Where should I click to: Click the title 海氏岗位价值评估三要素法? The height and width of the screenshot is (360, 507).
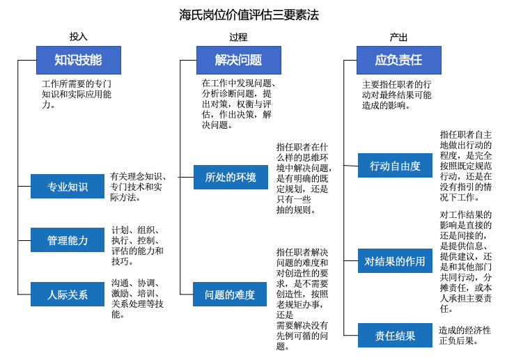[249, 15]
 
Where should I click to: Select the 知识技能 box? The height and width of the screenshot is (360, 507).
[79, 61]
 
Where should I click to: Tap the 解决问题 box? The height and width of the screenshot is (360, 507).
[238, 61]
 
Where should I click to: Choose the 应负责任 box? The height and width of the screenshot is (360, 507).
[398, 61]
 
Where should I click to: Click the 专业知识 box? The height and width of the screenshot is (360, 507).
[68, 187]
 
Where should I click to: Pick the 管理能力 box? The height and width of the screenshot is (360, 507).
[68, 240]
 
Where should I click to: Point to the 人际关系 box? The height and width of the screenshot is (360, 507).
[68, 295]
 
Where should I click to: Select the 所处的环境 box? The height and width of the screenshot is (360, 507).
[231, 178]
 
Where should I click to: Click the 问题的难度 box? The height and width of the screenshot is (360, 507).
[231, 295]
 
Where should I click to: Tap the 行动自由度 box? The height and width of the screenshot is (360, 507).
[396, 166]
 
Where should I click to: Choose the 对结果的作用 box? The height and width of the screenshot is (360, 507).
[396, 262]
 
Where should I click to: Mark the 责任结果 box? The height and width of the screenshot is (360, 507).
[396, 336]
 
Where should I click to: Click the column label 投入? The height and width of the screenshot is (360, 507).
[79, 37]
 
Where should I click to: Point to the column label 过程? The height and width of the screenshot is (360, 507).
[238, 37]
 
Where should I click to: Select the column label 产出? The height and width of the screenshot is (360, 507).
[398, 37]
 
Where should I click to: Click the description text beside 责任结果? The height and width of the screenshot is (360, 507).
[465, 336]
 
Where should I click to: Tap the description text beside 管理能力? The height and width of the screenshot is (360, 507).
[137, 246]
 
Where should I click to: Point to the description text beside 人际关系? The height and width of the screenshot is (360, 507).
[137, 299]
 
